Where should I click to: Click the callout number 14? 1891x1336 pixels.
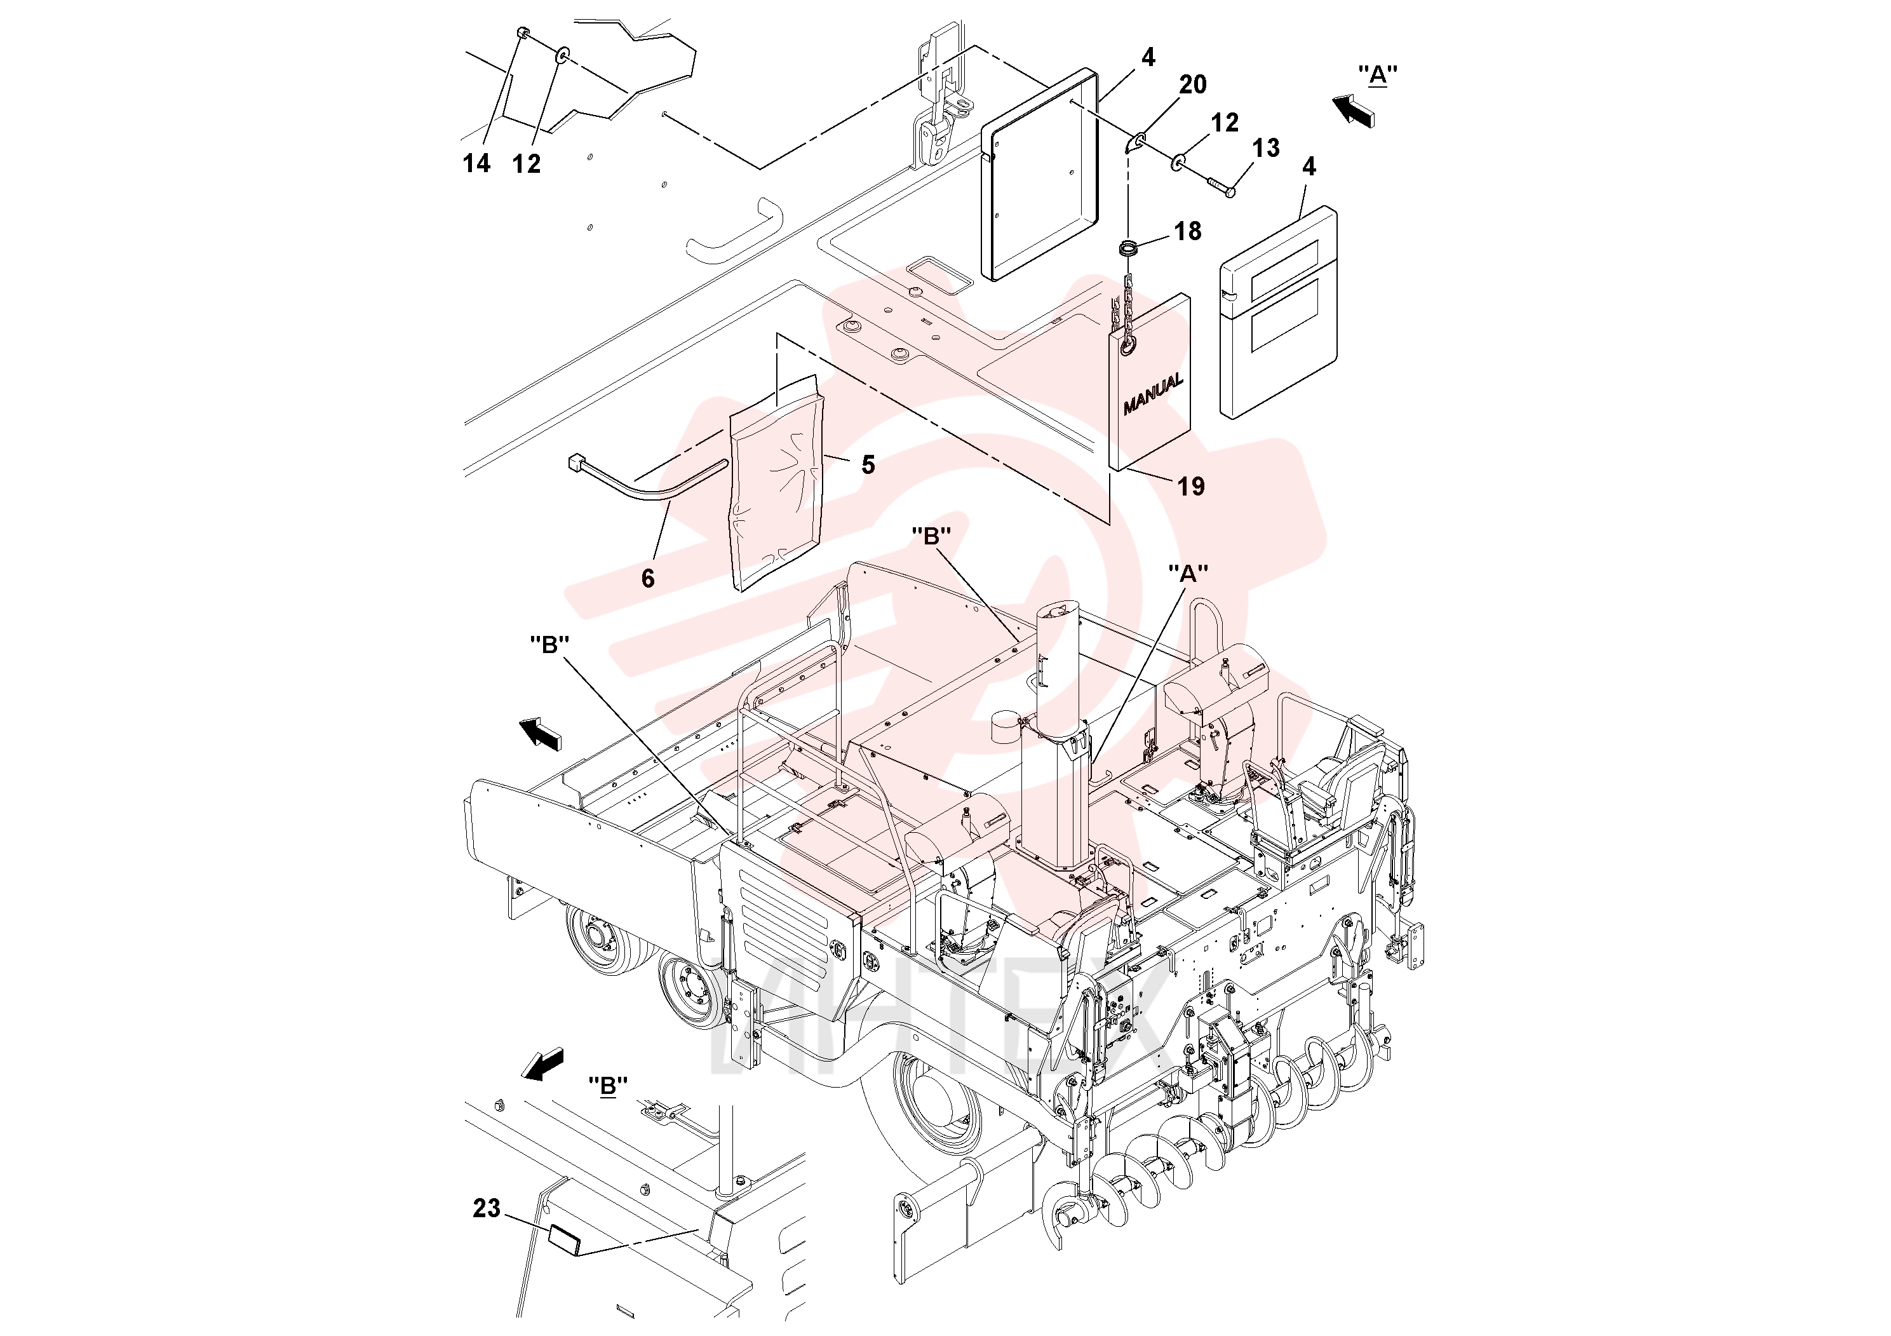pos(476,164)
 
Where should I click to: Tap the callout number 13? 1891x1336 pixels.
pos(1266,148)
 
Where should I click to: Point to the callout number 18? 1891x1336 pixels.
pos(1188,231)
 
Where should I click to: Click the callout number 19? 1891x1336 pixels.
pos(1191,486)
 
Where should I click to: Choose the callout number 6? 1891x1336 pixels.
pos(648,578)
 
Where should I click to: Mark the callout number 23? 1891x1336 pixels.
pos(487,1208)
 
